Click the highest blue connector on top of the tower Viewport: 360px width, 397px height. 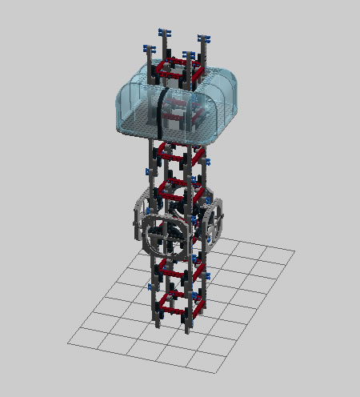click(166, 32)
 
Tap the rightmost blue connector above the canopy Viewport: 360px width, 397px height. click(203, 38)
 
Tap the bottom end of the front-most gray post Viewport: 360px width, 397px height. click(190, 329)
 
